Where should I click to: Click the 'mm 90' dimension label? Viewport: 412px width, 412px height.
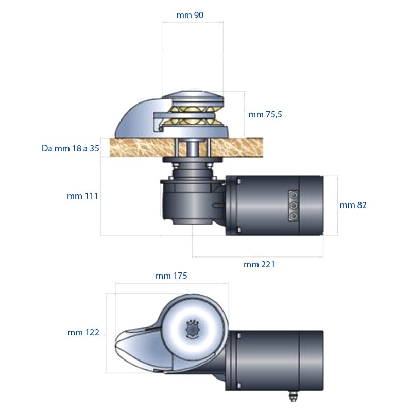coord(190,15)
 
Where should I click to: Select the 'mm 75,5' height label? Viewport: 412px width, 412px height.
coord(265,115)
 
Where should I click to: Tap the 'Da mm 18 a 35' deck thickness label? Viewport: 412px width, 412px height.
coord(70,149)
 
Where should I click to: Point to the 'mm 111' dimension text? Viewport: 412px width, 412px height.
coord(82,196)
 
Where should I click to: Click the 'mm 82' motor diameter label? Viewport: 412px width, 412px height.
coord(353,205)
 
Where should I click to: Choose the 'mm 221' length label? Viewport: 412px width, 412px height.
coord(259,265)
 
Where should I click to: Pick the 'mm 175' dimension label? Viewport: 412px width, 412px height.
coord(171,276)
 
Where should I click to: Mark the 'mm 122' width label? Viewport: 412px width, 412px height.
coord(83,333)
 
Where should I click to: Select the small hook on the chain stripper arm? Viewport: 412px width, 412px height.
coord(161,125)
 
